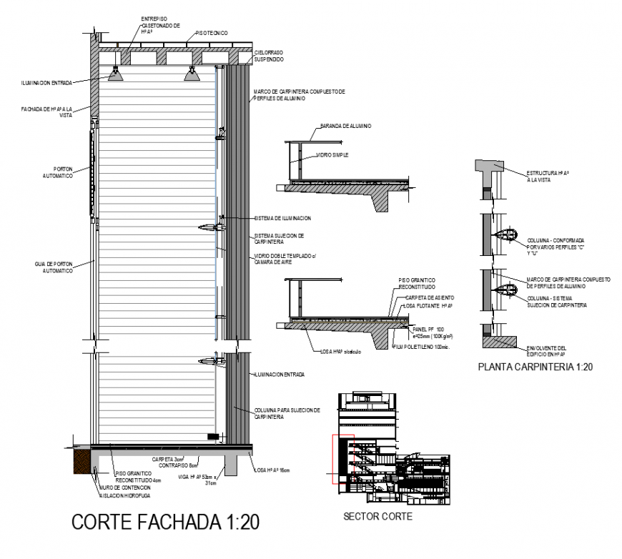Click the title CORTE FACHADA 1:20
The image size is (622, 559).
click(165, 523)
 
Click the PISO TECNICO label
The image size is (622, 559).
click(212, 33)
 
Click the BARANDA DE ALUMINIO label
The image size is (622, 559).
click(346, 126)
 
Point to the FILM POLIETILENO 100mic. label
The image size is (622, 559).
click(425, 347)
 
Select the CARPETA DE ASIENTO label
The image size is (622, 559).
click(429, 297)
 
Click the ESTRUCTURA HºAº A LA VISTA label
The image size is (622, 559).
click(548, 177)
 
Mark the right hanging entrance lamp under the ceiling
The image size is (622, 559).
click(191, 74)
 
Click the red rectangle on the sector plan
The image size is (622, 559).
click(342, 459)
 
